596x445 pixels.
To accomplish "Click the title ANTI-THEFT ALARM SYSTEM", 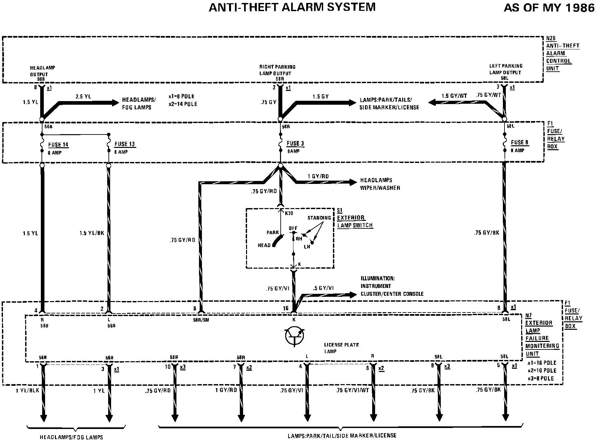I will [x=292, y=7].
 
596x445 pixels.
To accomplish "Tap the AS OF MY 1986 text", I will [x=549, y=8].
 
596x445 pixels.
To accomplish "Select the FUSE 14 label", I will [x=58, y=145].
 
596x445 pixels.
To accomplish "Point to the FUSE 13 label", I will [x=124, y=144].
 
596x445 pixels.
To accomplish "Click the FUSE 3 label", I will [x=295, y=144].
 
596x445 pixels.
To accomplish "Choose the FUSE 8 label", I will [x=520, y=143].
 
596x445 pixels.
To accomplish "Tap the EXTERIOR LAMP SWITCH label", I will [x=355, y=222].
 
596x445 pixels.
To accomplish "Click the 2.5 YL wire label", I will [x=83, y=96].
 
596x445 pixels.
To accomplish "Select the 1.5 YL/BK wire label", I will [x=92, y=233].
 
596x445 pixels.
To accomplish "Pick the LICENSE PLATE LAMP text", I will [x=341, y=348].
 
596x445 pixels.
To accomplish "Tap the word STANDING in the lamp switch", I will [x=319, y=218].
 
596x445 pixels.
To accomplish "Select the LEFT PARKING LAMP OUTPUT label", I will [x=505, y=69].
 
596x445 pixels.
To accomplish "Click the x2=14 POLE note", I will [x=183, y=104].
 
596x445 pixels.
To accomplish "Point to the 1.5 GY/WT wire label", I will [x=454, y=96].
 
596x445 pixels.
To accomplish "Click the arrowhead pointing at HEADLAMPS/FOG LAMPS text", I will [x=115, y=103].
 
